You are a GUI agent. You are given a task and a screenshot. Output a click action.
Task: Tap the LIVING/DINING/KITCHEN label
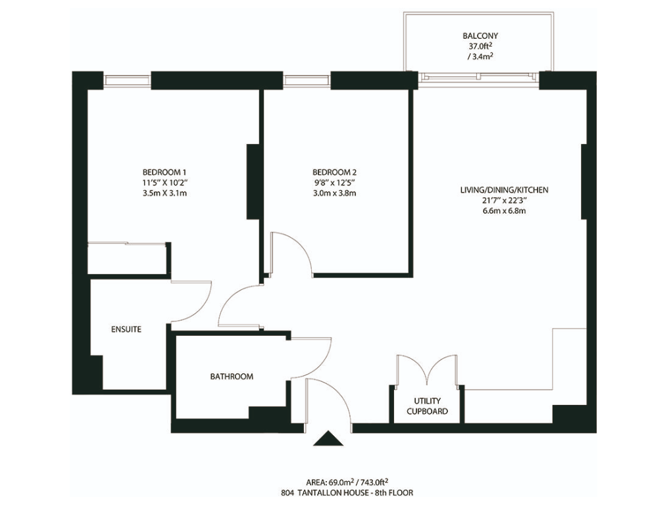pyautogui.click(x=504, y=190)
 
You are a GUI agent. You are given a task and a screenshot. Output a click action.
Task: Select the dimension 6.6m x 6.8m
pyautogui.click(x=504, y=211)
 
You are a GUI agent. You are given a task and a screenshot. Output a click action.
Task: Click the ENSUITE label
pyautogui.click(x=125, y=329)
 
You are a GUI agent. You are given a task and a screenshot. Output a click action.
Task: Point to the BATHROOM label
pyautogui.click(x=232, y=377)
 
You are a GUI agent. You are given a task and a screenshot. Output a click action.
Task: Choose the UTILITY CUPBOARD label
pyautogui.click(x=427, y=406)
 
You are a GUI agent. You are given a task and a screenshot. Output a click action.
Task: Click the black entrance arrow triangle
pyautogui.click(x=328, y=439)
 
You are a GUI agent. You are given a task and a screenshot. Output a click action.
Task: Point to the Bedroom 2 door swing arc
pyautogui.click(x=293, y=250)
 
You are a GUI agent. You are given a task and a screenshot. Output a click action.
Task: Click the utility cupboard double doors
pyautogui.click(x=428, y=371)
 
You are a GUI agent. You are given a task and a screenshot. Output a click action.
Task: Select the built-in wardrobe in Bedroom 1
pyautogui.click(x=128, y=258)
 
